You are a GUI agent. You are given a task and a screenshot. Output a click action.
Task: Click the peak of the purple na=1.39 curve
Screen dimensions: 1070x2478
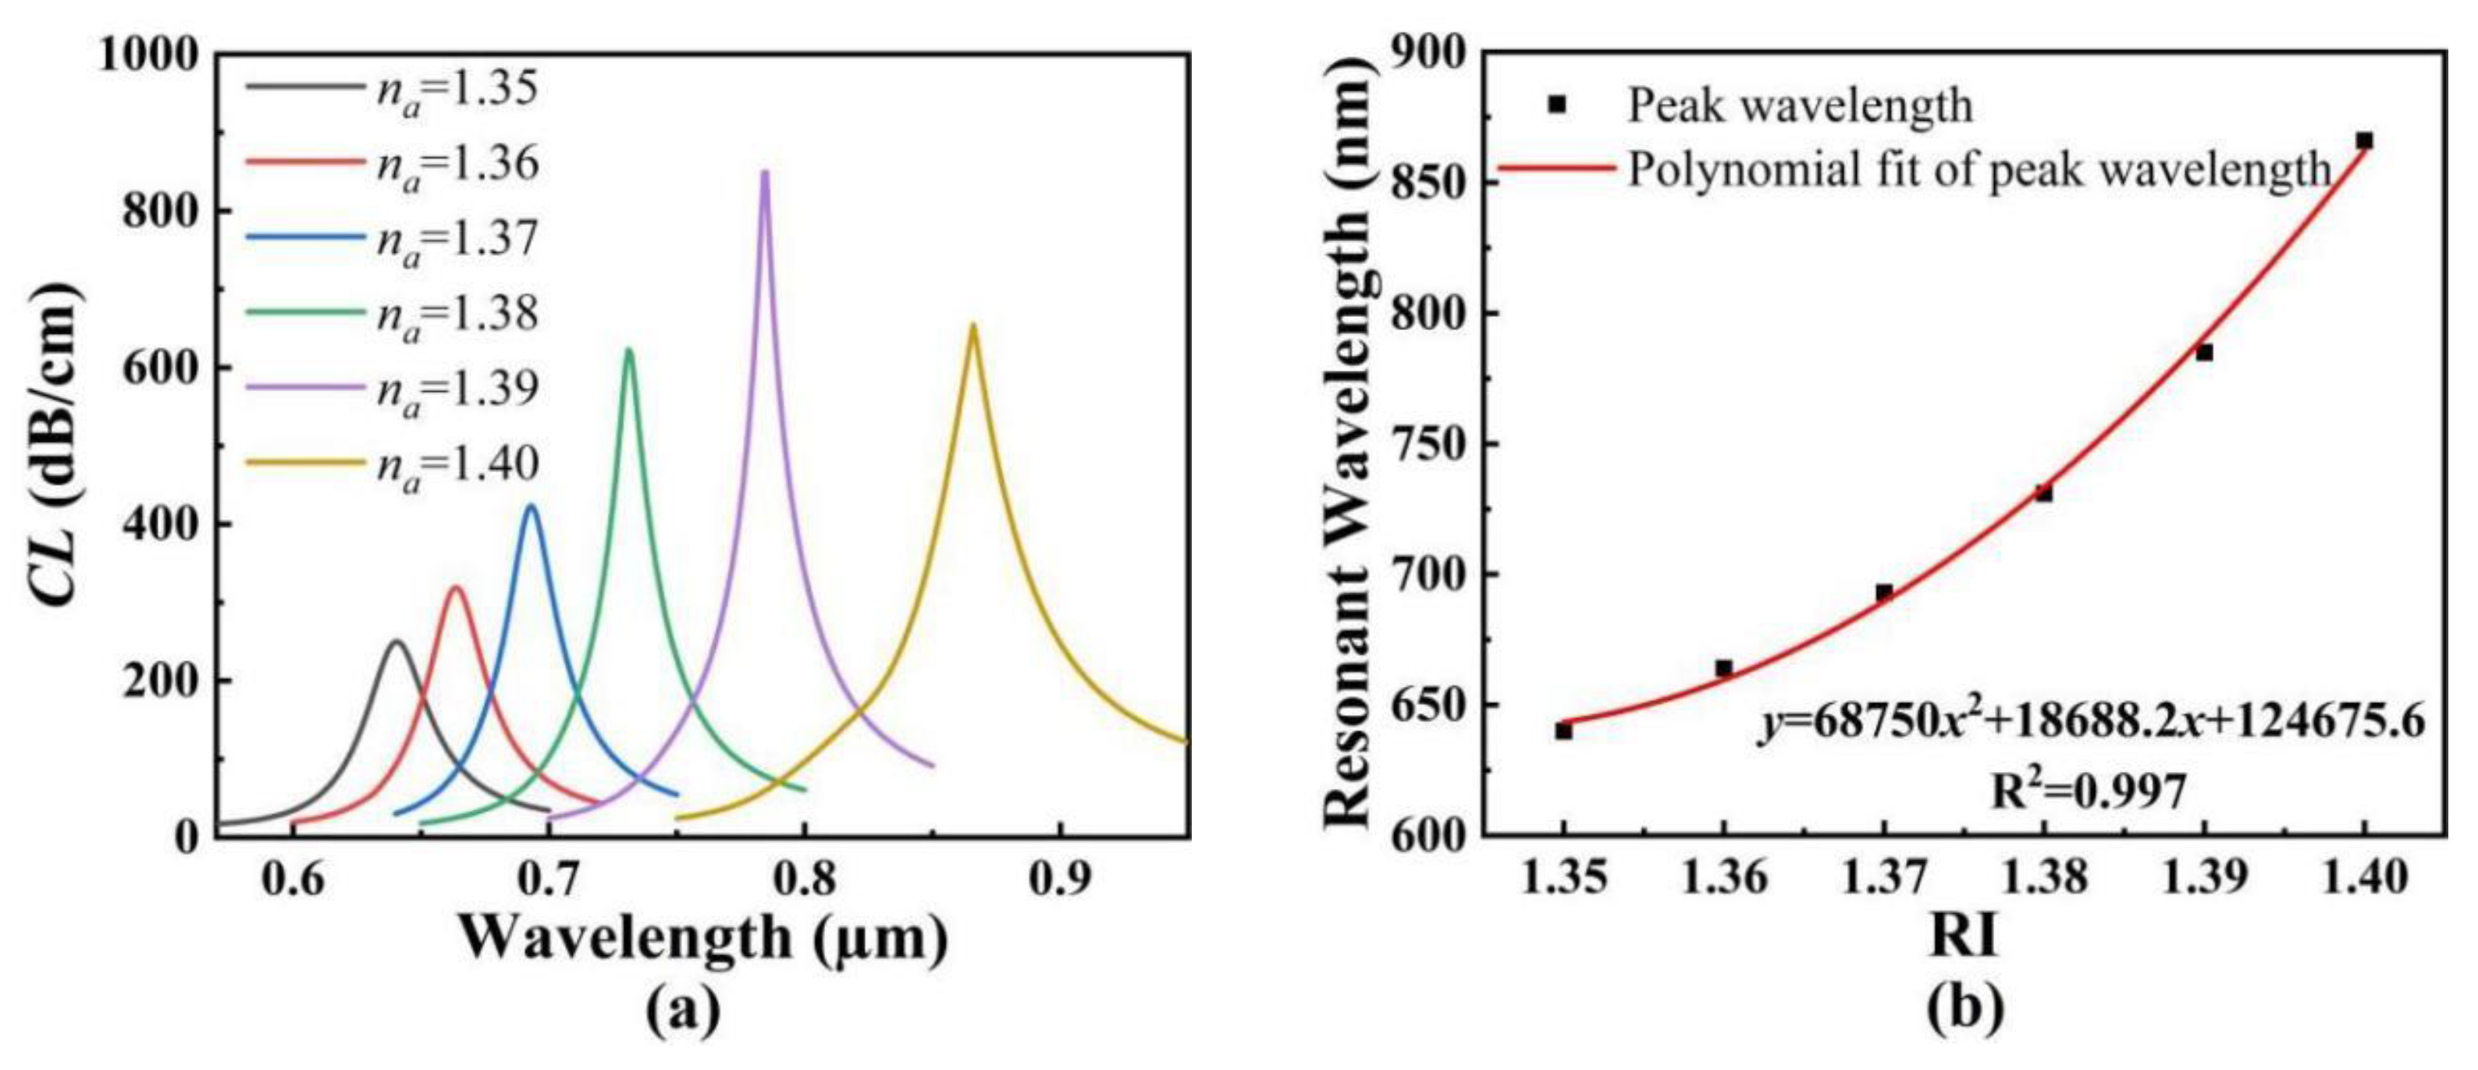point(765,173)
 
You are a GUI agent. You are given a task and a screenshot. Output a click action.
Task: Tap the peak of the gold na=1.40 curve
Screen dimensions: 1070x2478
point(972,325)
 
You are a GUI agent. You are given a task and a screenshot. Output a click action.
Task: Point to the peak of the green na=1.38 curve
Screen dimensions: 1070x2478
point(629,350)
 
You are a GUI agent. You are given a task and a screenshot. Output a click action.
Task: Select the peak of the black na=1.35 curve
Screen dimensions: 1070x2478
point(396,641)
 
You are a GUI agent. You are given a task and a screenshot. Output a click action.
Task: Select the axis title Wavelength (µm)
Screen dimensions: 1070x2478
point(702,938)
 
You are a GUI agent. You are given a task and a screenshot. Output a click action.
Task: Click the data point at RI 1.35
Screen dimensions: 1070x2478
point(1563,731)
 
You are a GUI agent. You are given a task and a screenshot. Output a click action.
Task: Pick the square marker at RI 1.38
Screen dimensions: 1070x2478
point(2044,493)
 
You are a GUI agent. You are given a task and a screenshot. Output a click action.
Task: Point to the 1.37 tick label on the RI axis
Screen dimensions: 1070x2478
point(1883,880)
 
